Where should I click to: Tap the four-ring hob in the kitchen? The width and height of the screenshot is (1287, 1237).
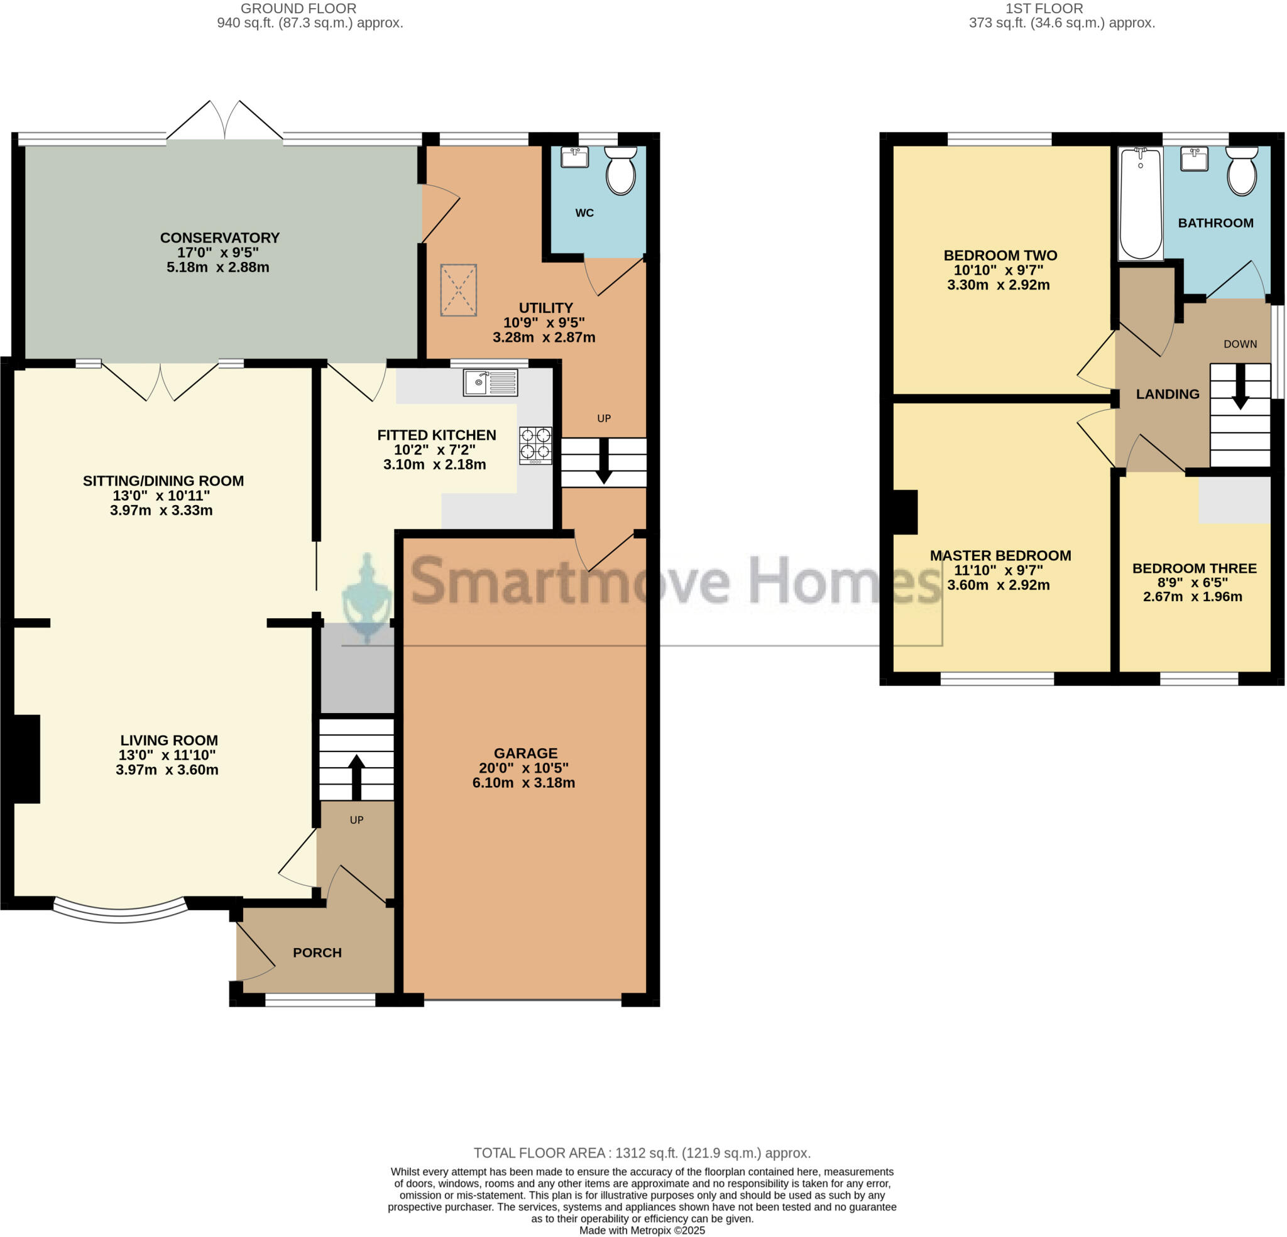coord(535,445)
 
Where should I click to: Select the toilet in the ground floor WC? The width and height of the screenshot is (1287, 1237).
coord(620,171)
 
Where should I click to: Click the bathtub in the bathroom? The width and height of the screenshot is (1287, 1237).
coord(1141,204)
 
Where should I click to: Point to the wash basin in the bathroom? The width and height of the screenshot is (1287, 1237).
coord(1194,158)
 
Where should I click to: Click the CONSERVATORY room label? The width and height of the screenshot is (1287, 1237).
coord(219,237)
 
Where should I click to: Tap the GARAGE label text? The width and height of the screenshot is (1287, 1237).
coord(525,753)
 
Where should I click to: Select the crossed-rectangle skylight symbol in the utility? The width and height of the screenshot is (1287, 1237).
coord(458,290)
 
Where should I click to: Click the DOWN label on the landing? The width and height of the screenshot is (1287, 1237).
coord(1240,344)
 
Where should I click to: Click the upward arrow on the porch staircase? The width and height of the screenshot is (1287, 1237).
coord(356,775)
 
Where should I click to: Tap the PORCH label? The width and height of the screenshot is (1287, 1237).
coord(317,952)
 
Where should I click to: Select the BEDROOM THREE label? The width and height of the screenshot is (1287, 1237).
coord(1194,568)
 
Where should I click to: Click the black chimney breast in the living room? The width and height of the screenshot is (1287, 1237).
coord(25,758)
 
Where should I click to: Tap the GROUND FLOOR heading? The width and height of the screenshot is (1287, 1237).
coord(298,9)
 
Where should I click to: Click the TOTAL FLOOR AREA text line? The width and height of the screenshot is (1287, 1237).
coord(642,1153)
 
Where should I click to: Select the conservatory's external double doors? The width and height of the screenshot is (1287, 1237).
coord(224,121)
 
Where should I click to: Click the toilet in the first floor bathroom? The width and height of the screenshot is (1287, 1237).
coord(1241,171)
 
